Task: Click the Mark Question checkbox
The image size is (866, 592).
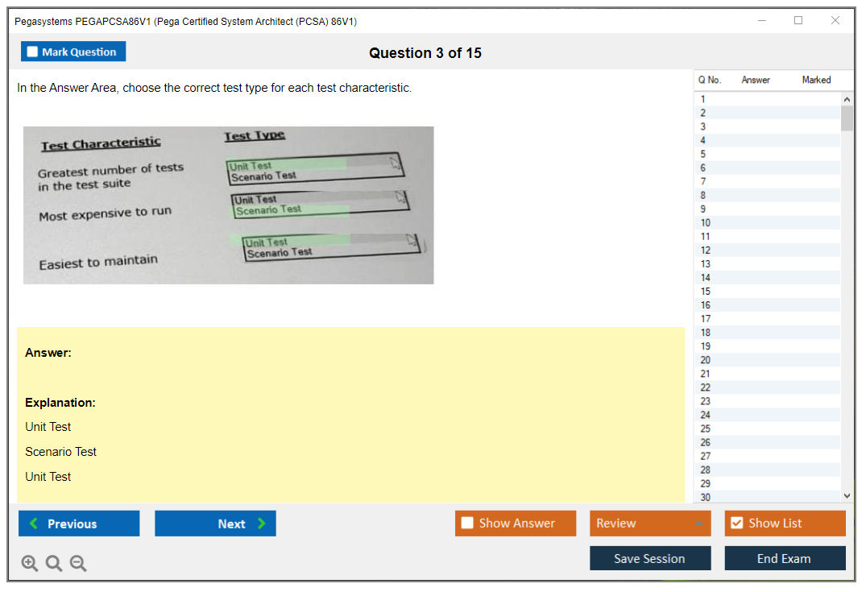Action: (32, 52)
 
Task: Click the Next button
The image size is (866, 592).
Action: (215, 523)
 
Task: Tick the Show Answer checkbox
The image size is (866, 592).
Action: (467, 523)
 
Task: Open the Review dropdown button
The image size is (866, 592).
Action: (649, 523)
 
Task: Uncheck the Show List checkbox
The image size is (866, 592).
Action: (737, 523)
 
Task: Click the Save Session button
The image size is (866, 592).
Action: (649, 558)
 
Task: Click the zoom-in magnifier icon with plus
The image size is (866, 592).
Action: (30, 563)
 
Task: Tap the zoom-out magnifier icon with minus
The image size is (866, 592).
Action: (78, 563)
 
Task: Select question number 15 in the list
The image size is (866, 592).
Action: (705, 291)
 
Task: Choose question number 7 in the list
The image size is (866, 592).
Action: (703, 181)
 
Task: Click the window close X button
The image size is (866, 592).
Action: (835, 20)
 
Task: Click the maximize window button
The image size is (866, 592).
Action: (798, 20)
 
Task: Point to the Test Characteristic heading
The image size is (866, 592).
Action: (101, 143)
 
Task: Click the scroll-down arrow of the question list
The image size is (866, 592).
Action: (847, 496)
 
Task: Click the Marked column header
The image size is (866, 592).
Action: (816, 80)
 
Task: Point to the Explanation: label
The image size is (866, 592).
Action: (60, 403)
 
